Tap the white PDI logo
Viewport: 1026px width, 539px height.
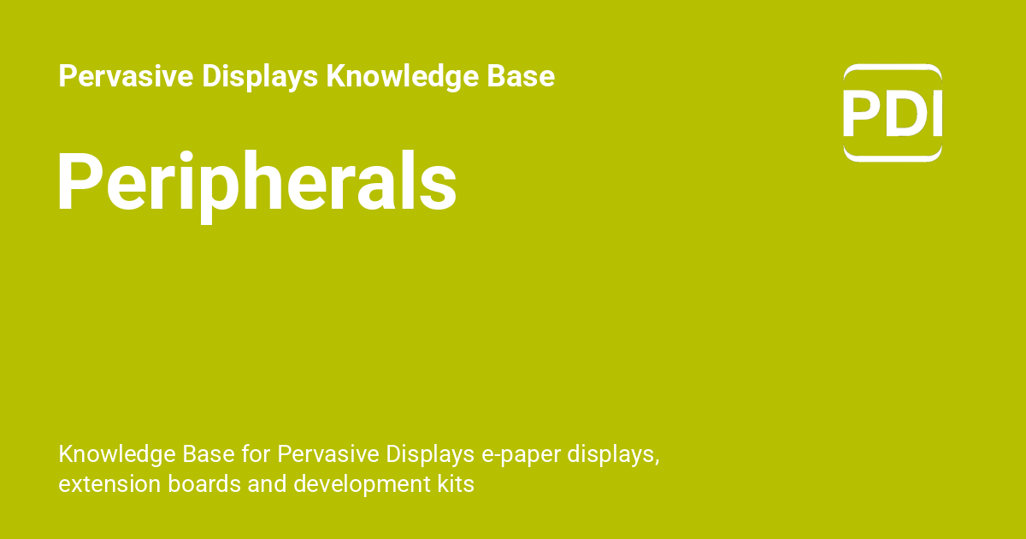pyautogui.click(x=893, y=113)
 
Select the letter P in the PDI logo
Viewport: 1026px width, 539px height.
pyautogui.click(x=861, y=113)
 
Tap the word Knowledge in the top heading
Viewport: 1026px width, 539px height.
pyautogui.click(x=392, y=77)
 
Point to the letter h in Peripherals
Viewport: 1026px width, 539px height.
pyautogui.click(x=265, y=182)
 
